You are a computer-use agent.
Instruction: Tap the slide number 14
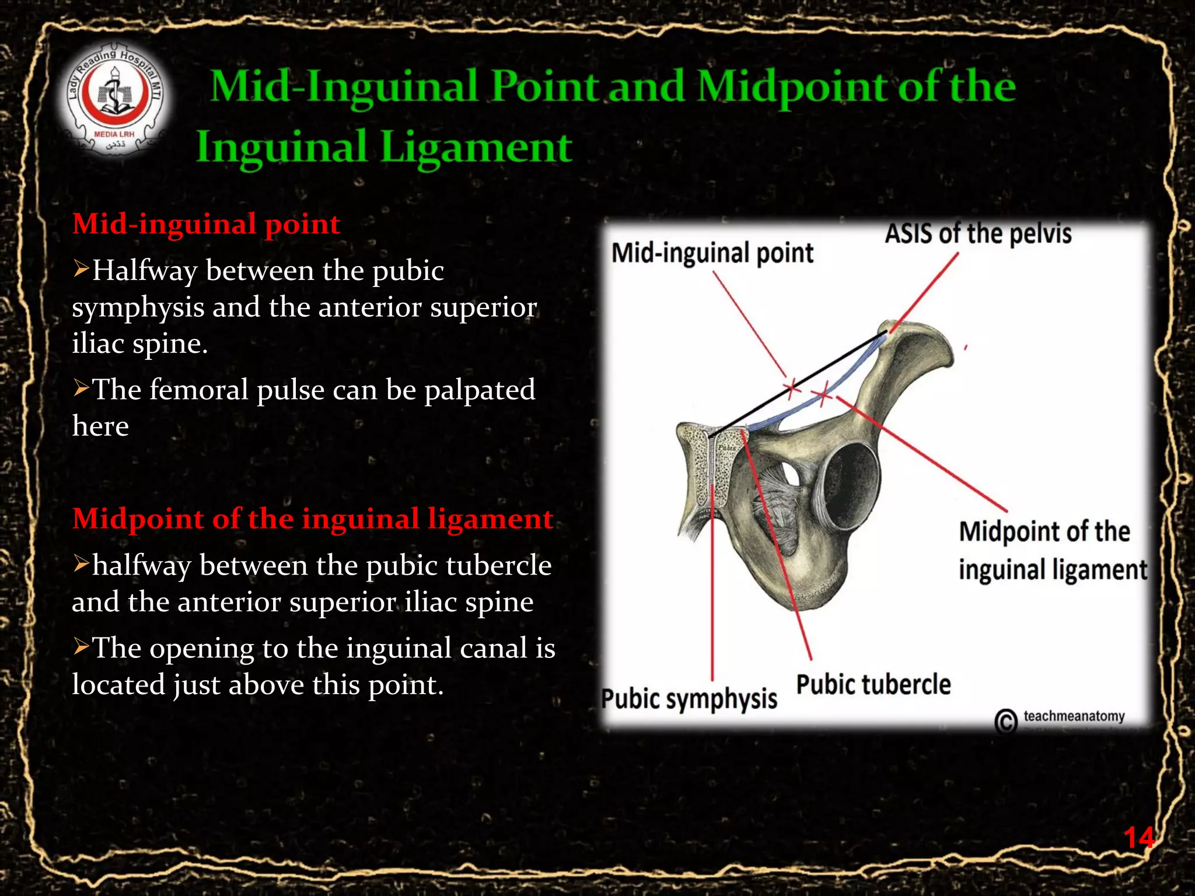[x=1138, y=838]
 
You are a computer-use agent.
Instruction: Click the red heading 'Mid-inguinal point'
[x=206, y=224]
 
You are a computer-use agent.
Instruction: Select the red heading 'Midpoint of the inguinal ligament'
[x=312, y=519]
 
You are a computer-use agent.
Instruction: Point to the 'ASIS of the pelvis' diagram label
[x=978, y=234]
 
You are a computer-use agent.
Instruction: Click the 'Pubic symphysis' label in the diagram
[x=689, y=699]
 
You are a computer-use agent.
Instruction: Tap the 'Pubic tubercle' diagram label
[x=873, y=684]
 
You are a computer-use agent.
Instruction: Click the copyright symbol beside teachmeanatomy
[x=1006, y=721]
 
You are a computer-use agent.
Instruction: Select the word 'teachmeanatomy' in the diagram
[x=1074, y=716]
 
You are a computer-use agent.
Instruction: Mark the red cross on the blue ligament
[x=823, y=395]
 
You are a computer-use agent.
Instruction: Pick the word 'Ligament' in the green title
[x=476, y=147]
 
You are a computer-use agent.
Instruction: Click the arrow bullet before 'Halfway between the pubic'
[x=81, y=269]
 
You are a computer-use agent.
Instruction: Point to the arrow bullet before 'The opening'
[x=81, y=646]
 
